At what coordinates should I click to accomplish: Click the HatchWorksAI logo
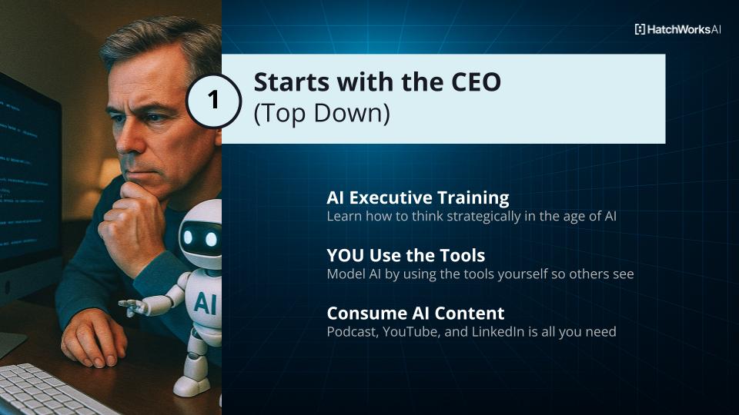(x=677, y=29)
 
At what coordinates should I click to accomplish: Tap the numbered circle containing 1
(x=213, y=101)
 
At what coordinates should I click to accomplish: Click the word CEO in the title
(x=476, y=82)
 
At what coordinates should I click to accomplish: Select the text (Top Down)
(x=322, y=114)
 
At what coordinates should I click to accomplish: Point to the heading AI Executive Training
(x=417, y=198)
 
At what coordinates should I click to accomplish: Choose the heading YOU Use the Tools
(x=406, y=255)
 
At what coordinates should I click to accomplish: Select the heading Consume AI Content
(x=415, y=314)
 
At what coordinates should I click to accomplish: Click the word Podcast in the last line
(x=353, y=332)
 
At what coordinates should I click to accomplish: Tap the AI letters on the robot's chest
(x=206, y=303)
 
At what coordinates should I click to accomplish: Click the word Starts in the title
(x=291, y=82)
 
